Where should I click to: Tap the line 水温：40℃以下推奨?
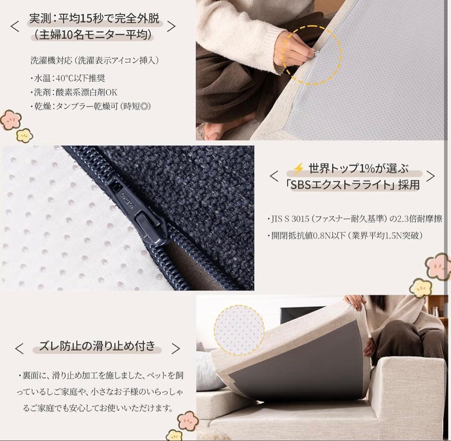click(x=67, y=78)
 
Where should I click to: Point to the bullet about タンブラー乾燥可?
click(x=90, y=106)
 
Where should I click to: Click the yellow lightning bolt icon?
click(x=298, y=169)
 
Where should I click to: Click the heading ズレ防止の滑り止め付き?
click(x=97, y=346)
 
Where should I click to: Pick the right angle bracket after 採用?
click(x=430, y=176)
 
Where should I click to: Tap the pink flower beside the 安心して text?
click(x=188, y=421)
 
